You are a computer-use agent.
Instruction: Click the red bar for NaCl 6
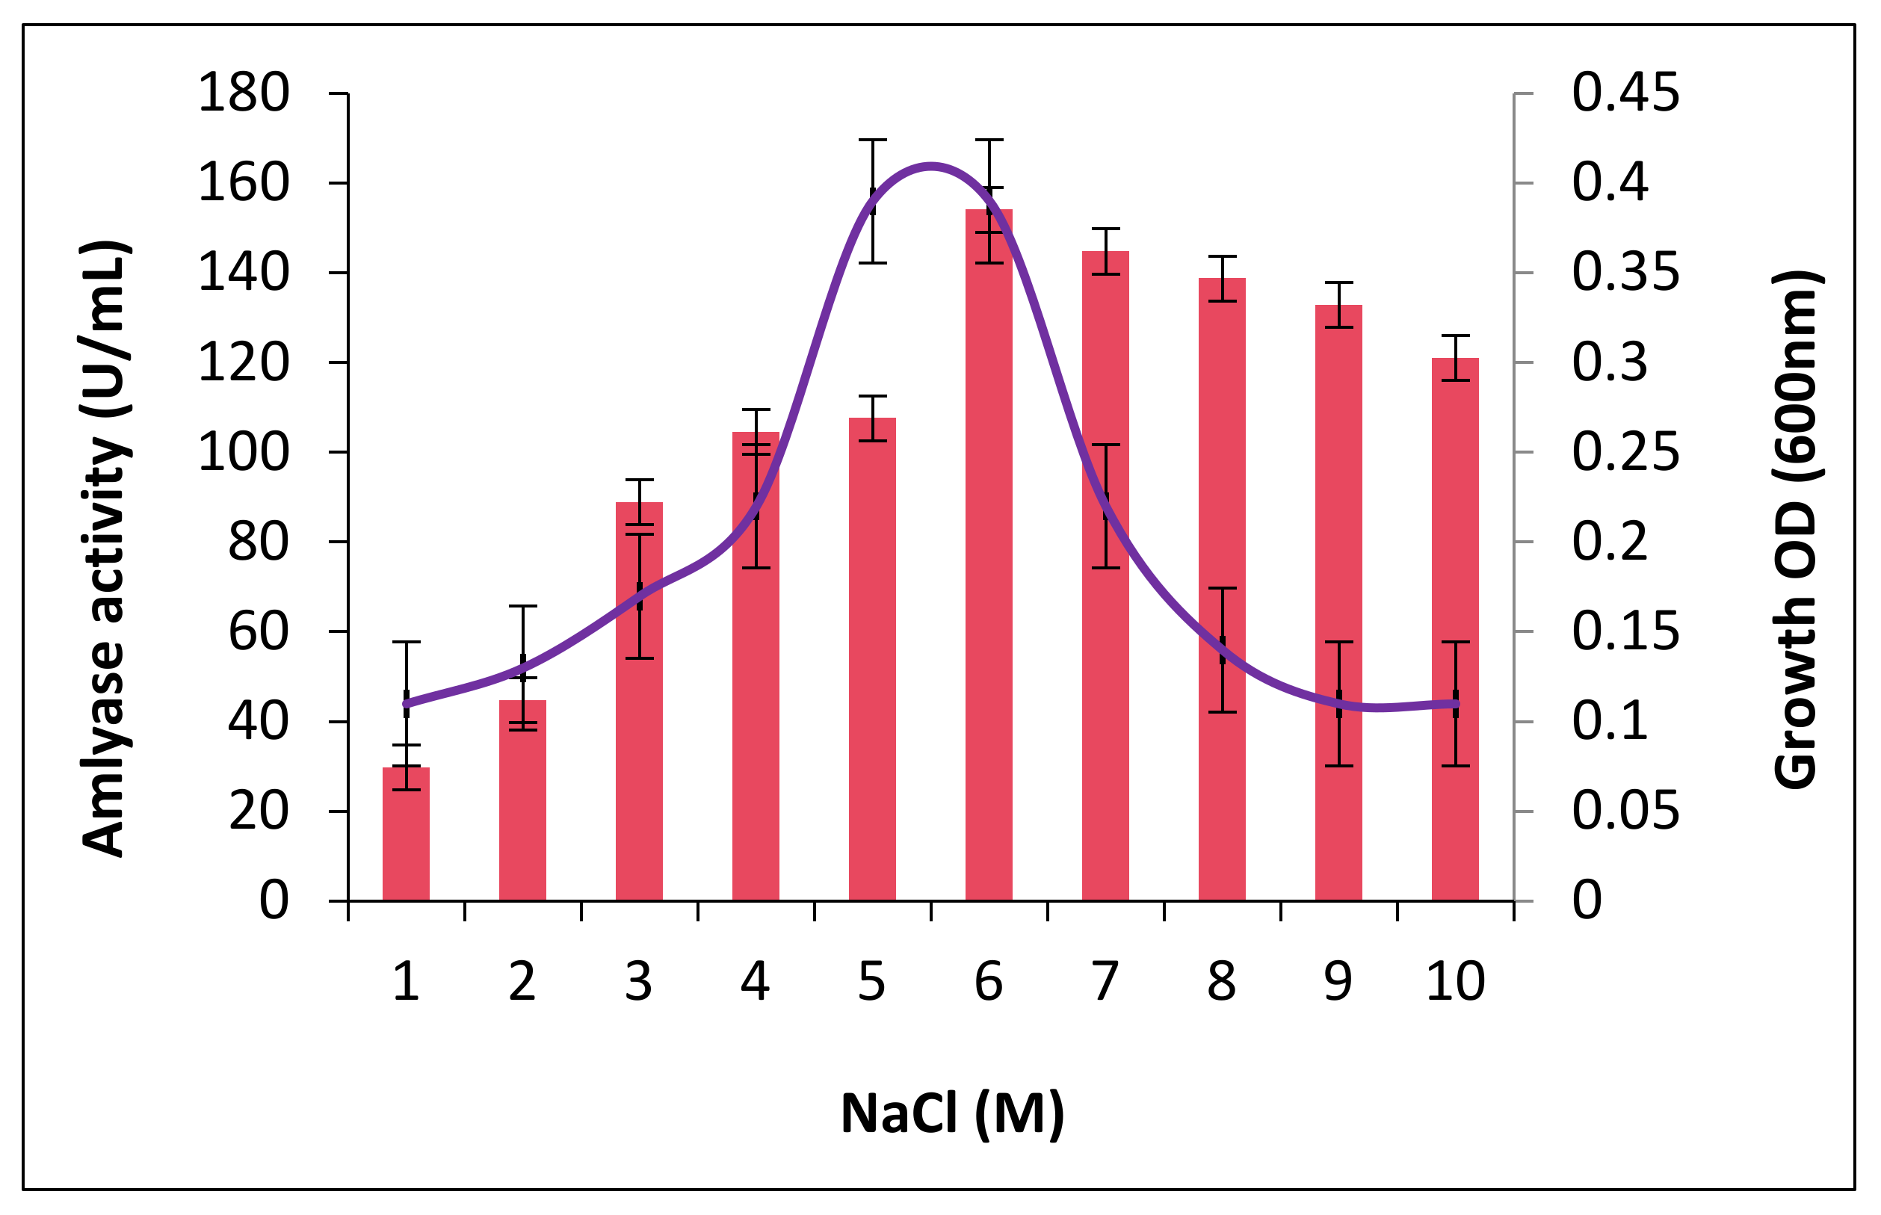point(989,552)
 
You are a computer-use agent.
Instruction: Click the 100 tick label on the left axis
point(243,453)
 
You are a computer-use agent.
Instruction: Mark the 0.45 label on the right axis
point(1625,93)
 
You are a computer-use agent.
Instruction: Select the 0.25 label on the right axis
point(1625,453)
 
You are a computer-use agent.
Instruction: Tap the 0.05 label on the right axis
point(1625,811)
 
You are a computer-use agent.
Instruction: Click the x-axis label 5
point(871,983)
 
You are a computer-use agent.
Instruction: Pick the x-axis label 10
point(1455,983)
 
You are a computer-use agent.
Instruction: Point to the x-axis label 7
point(1105,983)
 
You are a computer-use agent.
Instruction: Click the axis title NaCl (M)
point(951,1114)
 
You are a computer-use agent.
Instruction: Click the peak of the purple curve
point(931,166)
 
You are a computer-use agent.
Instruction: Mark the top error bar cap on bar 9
point(1338,282)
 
